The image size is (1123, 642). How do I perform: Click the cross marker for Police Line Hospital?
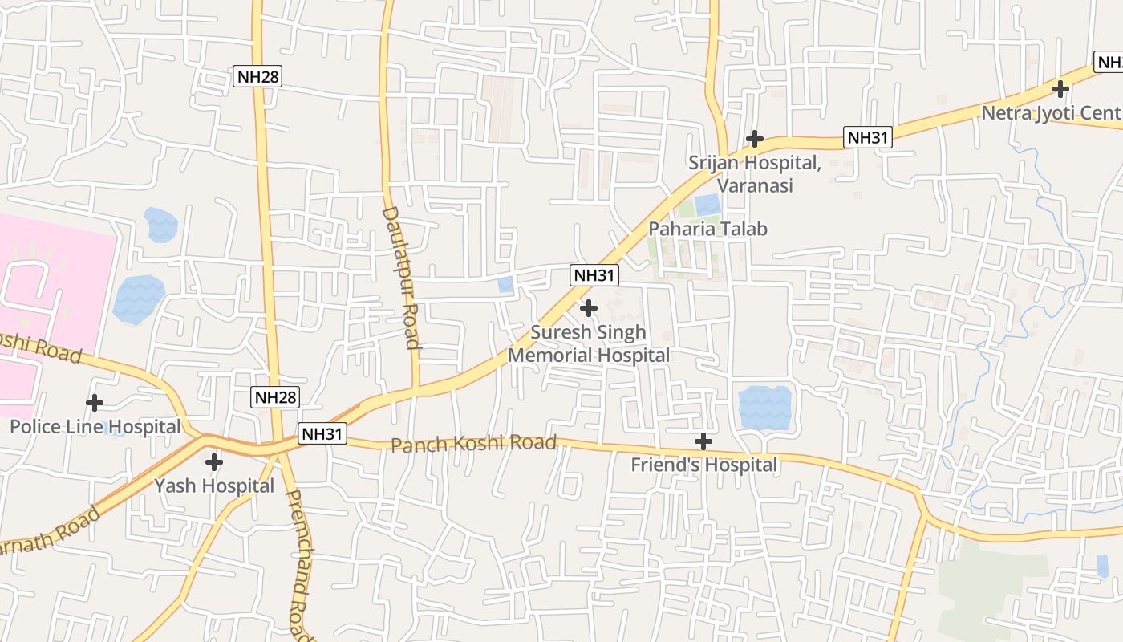point(95,402)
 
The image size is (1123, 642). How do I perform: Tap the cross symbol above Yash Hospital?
point(214,461)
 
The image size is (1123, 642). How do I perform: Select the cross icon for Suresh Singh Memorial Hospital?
point(589,307)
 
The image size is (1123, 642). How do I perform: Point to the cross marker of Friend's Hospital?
point(703,441)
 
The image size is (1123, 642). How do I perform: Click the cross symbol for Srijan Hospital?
point(754,139)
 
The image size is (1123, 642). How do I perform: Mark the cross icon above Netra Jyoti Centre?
point(1060,88)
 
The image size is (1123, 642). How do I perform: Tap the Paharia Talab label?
point(707,229)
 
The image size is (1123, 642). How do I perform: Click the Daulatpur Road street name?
point(401,278)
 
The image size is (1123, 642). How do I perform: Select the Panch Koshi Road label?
point(473,443)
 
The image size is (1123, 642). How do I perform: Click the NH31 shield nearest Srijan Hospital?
point(869,138)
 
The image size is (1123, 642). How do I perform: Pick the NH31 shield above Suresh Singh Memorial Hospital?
point(594,275)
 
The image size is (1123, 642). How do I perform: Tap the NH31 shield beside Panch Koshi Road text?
point(322,434)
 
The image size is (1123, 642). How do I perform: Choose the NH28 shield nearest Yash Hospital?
point(275,396)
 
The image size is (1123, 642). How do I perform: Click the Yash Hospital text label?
point(214,486)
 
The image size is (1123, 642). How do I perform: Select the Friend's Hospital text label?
point(703,465)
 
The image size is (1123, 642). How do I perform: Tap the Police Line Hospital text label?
point(95,426)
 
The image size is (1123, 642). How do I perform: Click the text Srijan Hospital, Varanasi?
point(754,173)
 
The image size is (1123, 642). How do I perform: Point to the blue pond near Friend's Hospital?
point(764,408)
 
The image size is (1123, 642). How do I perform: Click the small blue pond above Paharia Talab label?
point(707,205)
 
